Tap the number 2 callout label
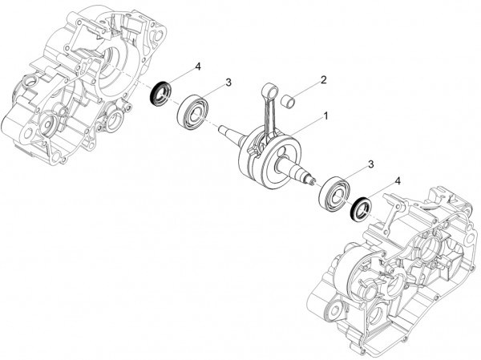(323, 80)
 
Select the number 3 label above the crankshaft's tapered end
(228, 82)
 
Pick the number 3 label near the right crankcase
(370, 164)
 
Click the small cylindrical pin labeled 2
(295, 100)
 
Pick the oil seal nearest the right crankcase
(363, 208)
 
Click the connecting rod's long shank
(265, 116)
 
